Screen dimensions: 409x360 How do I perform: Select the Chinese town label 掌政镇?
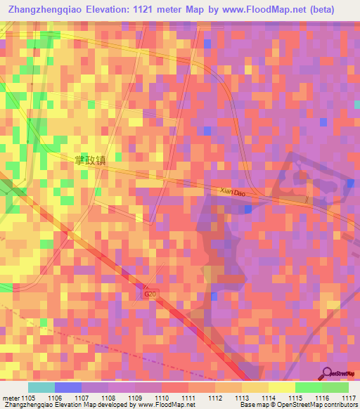click(90, 160)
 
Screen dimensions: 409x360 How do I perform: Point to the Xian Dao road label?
click(231, 191)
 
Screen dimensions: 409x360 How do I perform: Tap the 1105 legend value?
click(29, 398)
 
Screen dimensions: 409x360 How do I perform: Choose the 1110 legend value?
click(161, 398)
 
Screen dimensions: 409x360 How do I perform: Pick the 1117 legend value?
click(349, 398)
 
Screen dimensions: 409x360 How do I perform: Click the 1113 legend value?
click(241, 398)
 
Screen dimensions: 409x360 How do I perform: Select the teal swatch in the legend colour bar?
click(41, 387)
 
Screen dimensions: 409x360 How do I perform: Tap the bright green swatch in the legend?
click(309, 387)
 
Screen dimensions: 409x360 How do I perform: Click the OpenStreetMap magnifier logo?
click(327, 373)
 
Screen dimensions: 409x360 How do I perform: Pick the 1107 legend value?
click(82, 398)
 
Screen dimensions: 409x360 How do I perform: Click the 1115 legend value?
click(295, 398)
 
